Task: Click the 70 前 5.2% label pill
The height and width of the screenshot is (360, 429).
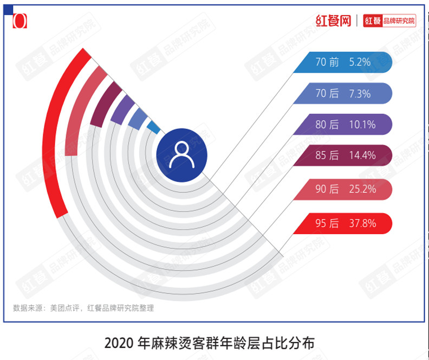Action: (342, 62)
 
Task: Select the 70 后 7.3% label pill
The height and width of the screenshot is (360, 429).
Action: (342, 93)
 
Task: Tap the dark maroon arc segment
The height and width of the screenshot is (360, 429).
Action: (105, 104)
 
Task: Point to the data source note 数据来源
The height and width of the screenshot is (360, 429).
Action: (83, 308)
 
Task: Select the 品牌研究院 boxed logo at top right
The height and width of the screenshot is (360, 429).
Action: (389, 21)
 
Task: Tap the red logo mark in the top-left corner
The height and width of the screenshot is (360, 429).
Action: (19, 21)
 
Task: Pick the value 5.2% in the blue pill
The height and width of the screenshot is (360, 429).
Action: (360, 62)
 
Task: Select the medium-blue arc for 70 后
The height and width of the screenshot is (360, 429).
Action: (137, 118)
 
